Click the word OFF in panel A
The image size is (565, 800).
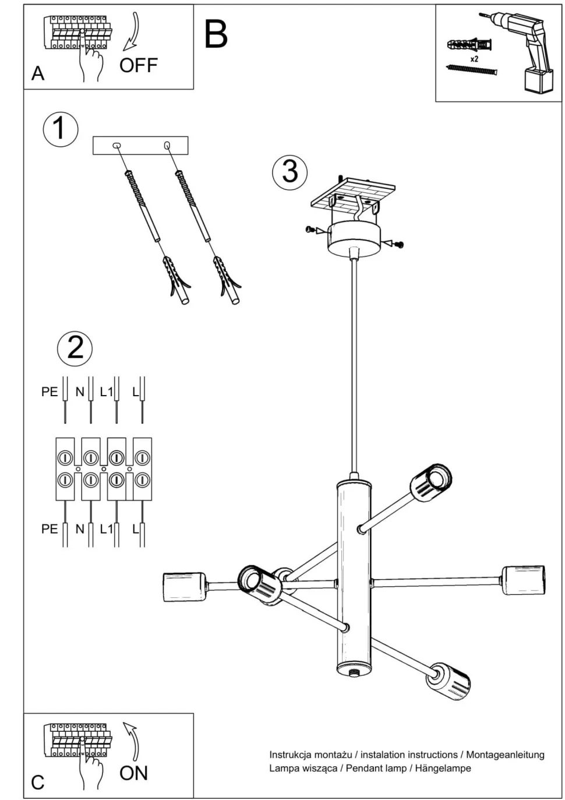point(139,65)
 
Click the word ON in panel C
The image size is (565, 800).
point(133,773)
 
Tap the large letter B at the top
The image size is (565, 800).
point(216,34)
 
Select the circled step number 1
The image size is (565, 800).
point(60,129)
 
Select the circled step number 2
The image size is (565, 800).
point(75,348)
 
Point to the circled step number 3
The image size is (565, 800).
point(289,171)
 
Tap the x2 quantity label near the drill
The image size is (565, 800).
point(474,59)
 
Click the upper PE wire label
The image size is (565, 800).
point(50,392)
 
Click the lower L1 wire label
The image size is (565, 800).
point(106,529)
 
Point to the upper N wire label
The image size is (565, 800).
point(80,392)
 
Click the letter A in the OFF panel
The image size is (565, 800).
point(38,73)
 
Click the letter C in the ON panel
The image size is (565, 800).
point(38,782)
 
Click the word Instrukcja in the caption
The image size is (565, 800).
point(289,755)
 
